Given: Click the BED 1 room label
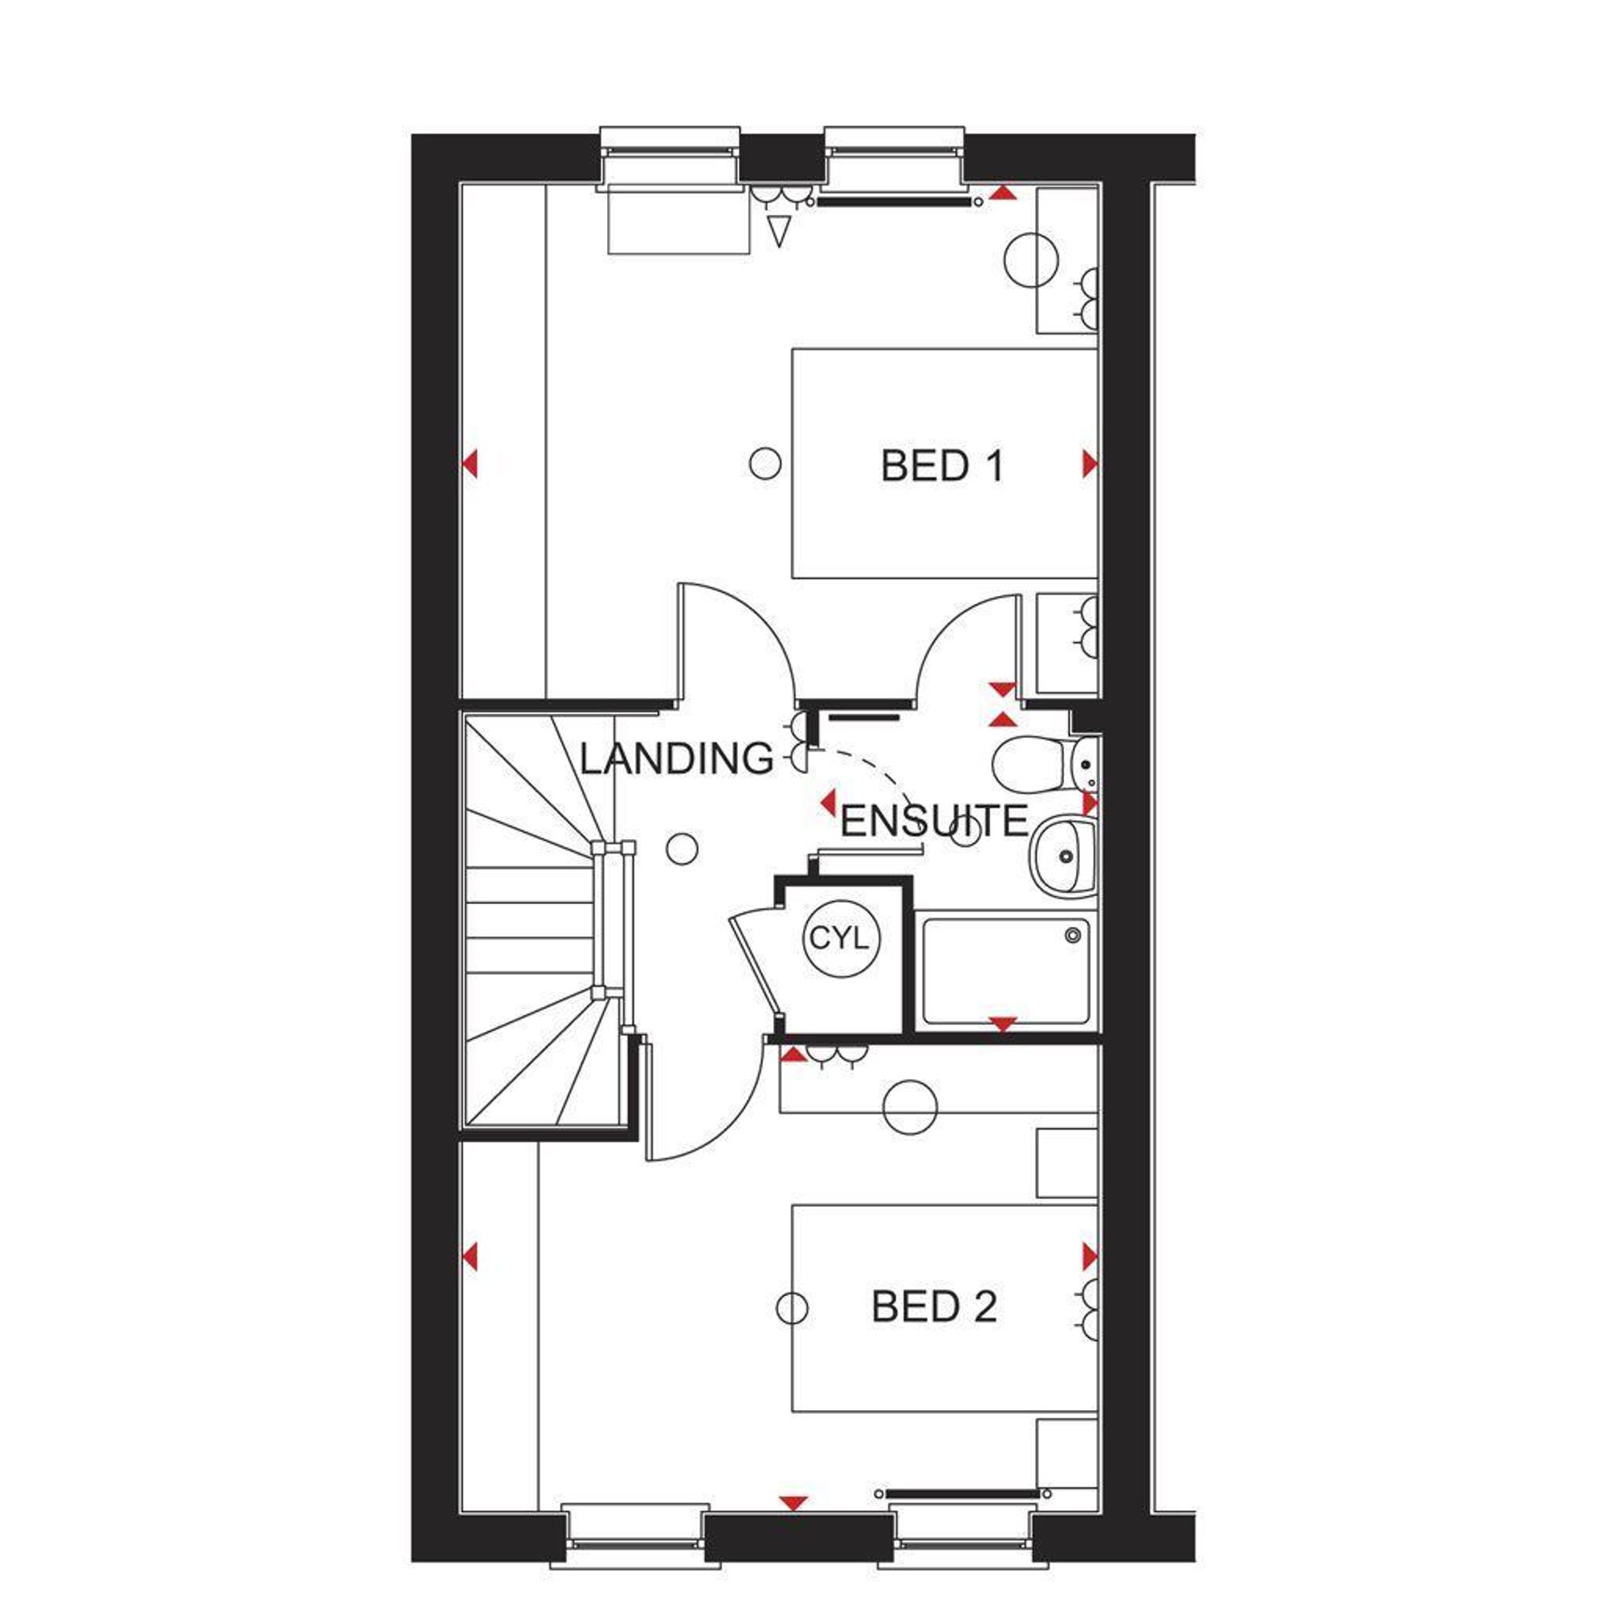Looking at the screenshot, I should (942, 467).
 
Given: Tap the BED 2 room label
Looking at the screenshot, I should (934, 1307).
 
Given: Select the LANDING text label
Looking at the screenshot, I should (677, 759).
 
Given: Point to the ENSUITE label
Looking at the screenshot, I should (935, 822).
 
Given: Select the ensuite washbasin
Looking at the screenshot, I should (1063, 854).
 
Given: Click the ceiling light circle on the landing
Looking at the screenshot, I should (683, 848).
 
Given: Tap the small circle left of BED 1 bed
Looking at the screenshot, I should (764, 463).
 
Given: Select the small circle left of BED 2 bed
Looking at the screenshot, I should (792, 1307).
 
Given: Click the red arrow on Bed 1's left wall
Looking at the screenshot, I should (471, 464).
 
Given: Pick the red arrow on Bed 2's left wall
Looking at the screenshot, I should (471, 1257).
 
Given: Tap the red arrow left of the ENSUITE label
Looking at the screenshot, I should (827, 803).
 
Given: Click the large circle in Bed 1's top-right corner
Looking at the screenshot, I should (1031, 260).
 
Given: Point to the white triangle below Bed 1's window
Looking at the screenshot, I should (779, 231).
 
